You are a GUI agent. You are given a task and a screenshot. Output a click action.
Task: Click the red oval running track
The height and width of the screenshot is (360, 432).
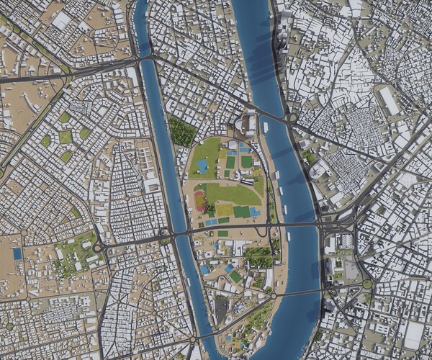click(x=199, y=201)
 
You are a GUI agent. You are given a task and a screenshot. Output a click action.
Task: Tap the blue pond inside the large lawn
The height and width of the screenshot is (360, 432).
click(x=203, y=166)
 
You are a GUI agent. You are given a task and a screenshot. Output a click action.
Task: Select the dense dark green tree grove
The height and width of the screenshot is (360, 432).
click(x=181, y=131)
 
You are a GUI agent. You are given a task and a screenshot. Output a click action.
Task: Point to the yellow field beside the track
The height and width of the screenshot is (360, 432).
click(x=224, y=210)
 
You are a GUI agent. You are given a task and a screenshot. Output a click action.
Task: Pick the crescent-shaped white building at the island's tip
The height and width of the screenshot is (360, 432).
click(x=249, y=123)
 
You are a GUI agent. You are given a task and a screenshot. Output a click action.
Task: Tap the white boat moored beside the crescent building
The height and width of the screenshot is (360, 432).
click(x=265, y=127)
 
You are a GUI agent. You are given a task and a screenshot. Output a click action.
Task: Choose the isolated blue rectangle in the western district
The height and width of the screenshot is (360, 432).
click(x=17, y=253)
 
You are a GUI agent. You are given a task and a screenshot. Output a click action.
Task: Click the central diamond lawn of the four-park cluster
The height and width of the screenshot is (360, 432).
click(x=66, y=137)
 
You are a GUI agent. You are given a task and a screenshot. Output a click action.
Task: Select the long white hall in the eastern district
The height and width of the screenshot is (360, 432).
click(x=389, y=101)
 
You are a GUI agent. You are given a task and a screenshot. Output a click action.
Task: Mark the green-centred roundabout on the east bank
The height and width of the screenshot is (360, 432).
click(x=367, y=284)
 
